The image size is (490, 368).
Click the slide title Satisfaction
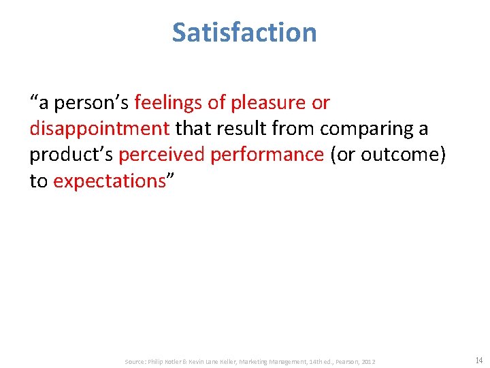[244, 32]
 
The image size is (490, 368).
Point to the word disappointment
[99, 129]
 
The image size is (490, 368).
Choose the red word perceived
[161, 155]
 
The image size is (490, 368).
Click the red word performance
[267, 155]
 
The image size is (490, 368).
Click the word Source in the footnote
[137, 361]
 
